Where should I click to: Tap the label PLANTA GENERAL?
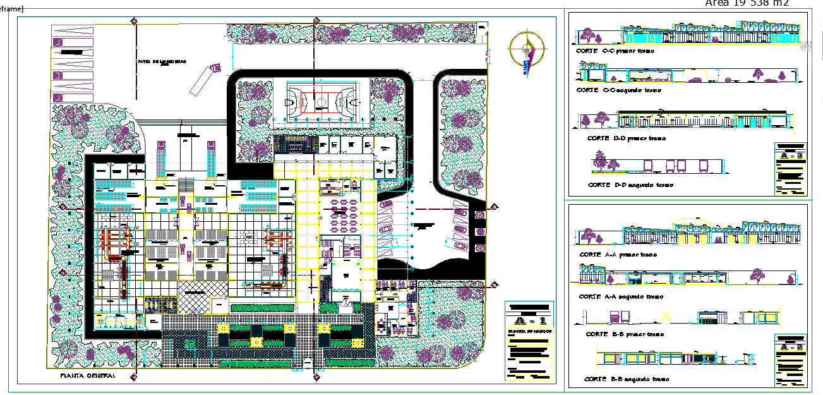[88, 375]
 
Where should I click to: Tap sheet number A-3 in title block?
[790, 155]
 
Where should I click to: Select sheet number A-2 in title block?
[790, 346]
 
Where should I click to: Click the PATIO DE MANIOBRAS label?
[162, 62]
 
